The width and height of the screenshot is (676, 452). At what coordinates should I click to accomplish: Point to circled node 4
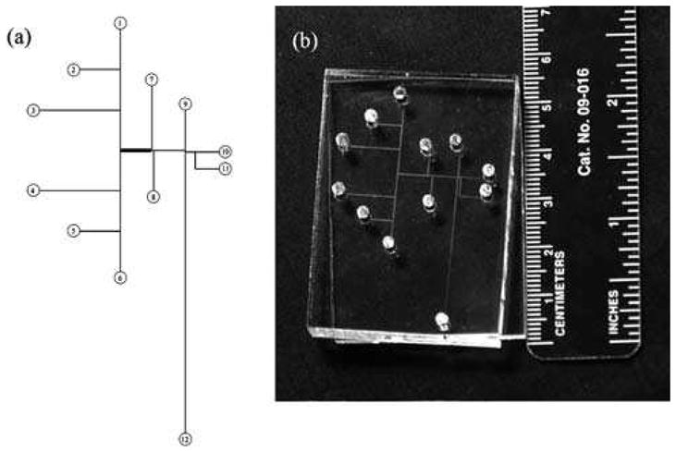(33, 191)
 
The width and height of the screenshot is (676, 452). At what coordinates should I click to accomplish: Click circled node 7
(153, 79)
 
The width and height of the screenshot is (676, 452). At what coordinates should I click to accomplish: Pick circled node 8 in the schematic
(153, 197)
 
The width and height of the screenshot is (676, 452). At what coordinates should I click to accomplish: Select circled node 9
(186, 104)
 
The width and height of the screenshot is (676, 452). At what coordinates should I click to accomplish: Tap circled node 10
(225, 151)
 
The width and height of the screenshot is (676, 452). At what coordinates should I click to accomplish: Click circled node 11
(225, 168)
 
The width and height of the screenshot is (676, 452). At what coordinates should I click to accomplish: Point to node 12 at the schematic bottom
(186, 439)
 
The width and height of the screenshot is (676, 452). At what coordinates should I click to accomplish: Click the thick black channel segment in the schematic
(136, 150)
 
